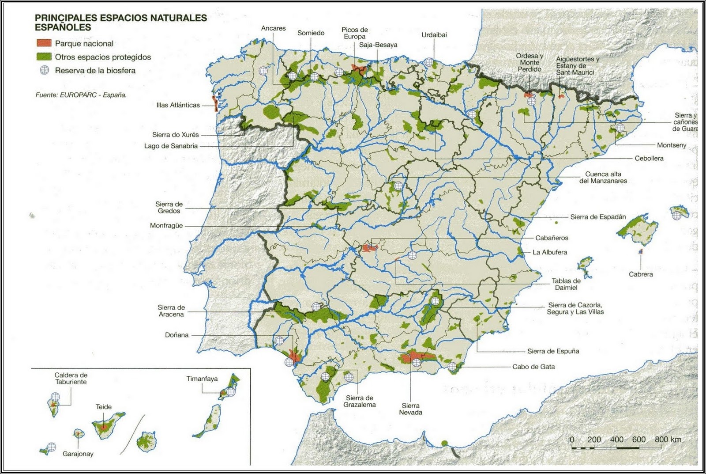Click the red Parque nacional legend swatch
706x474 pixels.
[44, 43]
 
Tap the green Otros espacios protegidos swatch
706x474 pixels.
[44, 57]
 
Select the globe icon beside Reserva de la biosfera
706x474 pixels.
[44, 70]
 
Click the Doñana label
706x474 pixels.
[176, 335]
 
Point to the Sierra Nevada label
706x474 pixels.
[410, 409]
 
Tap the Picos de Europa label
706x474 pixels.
[354, 33]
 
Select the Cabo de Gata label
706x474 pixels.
[533, 367]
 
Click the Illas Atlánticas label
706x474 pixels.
[178, 105]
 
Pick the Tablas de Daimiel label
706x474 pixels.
[566, 284]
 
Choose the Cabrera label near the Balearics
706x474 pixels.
[641, 274]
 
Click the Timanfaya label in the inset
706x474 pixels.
[202, 379]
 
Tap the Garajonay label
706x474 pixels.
[78, 454]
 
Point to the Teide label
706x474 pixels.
[104, 407]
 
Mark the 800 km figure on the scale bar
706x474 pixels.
[668, 439]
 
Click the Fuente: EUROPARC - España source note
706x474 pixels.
[81, 95]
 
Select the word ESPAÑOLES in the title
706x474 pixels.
[63, 27]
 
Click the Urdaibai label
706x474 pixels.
[434, 34]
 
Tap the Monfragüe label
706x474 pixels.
[166, 225]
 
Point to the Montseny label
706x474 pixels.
[671, 145]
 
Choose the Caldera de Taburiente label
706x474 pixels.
[71, 379]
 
